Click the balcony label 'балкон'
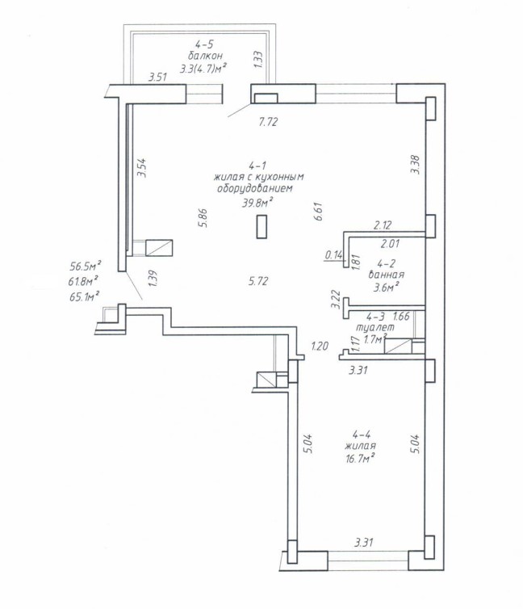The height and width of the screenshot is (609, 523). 205,56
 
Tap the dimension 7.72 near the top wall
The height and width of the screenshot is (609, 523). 268,122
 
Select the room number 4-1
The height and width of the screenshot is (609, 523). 257,166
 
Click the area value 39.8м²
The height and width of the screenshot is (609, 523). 257,203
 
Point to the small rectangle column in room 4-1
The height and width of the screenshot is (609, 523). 262,226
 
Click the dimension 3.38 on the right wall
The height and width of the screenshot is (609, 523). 415,164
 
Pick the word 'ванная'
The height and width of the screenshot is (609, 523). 386,275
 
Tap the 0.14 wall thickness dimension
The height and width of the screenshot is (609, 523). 333,254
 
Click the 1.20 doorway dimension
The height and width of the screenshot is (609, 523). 320,346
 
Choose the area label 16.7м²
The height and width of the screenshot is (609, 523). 360,459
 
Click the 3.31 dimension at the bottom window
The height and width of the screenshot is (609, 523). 363,542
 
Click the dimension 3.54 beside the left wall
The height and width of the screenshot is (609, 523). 142,167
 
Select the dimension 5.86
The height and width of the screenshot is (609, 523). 203,218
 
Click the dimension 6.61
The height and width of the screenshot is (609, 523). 319,212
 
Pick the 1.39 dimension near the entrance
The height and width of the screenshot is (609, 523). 153,278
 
